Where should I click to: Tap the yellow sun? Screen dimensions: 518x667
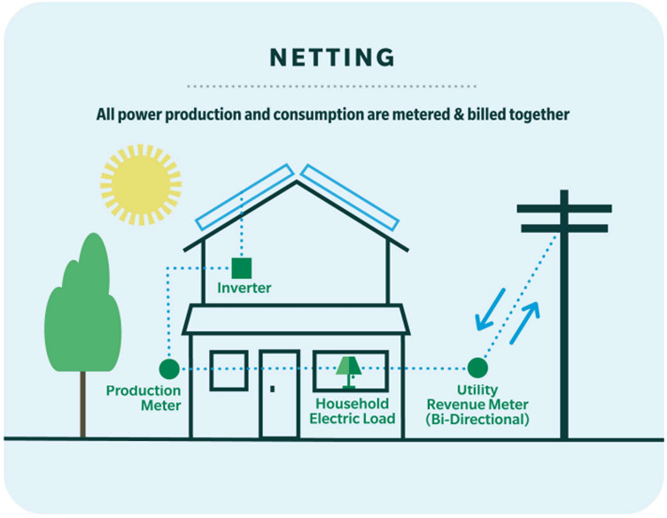(x=140, y=184)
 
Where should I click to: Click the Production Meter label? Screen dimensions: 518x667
(x=143, y=398)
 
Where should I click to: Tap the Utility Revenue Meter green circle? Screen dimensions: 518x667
(x=477, y=367)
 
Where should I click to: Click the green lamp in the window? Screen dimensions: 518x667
(x=348, y=369)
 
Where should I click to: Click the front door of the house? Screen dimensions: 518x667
(x=279, y=393)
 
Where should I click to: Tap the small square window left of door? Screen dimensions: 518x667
(x=228, y=370)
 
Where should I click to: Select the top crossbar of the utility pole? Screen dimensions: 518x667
(x=564, y=209)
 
